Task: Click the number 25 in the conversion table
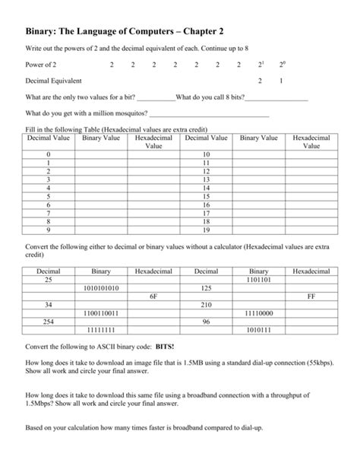48,279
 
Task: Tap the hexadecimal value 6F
154,296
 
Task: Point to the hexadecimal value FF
311,296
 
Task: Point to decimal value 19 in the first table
206,229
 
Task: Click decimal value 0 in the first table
48,154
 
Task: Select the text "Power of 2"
41,65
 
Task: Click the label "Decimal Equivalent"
54,81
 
